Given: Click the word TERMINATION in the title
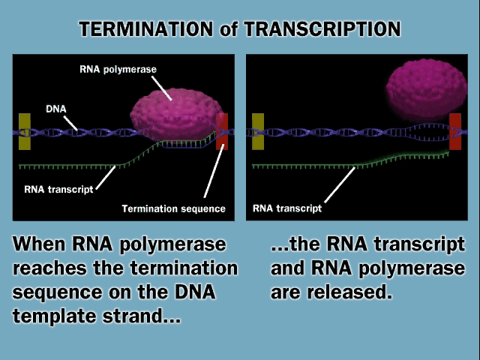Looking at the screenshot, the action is pos(146,29).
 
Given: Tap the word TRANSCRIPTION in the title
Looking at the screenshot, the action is pos(322,29).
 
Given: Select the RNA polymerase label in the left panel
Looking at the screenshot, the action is pos(118,70).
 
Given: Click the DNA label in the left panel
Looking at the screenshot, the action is pos(56,109).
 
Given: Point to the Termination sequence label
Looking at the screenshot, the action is pos(173,208).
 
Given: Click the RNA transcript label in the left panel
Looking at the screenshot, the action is pos(58,190).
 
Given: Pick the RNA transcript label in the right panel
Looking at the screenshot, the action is pos(287,208).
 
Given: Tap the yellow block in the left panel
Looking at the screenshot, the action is pos(25,132).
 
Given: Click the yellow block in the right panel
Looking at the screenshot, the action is pos(258,132).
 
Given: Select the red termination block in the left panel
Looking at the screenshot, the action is pos(222,132).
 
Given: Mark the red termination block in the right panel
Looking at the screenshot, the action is pos(455,132).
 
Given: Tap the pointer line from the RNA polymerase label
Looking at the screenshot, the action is pos(162,88).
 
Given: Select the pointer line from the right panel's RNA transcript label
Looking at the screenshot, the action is pos(340,184).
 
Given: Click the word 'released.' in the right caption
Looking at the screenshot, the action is pos(349,292).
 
